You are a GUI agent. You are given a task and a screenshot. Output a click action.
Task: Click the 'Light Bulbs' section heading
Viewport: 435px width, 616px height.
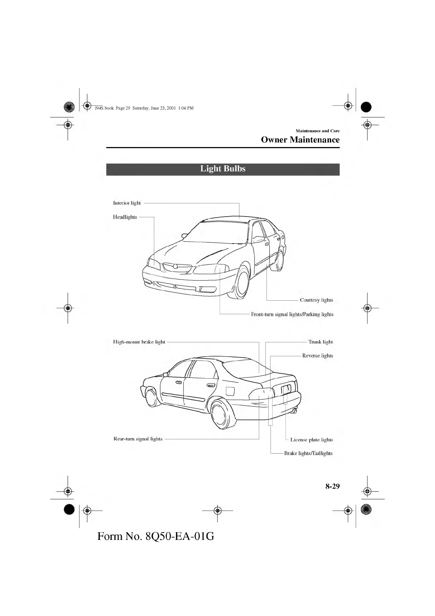click(x=223, y=169)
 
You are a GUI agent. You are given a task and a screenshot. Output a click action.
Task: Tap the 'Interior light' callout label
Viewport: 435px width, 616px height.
click(x=127, y=203)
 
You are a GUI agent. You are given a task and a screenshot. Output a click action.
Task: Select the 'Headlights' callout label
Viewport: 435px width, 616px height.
click(x=125, y=217)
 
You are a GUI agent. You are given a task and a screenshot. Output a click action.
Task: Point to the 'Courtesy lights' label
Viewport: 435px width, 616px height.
click(x=316, y=300)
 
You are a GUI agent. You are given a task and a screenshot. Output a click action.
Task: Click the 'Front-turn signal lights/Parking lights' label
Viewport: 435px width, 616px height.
click(x=292, y=314)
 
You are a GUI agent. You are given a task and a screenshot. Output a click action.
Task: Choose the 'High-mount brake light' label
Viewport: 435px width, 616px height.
click(x=139, y=342)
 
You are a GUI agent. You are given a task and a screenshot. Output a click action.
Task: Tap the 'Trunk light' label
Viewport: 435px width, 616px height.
click(x=320, y=342)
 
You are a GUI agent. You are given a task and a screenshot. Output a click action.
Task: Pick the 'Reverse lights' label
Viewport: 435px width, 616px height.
click(x=317, y=356)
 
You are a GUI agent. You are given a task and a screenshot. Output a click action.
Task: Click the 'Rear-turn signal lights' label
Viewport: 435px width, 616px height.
click(x=138, y=439)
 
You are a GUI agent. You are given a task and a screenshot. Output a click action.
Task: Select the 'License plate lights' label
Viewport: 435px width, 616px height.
click(x=311, y=440)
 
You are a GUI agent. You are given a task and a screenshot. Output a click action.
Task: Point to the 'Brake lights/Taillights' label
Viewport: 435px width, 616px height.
click(x=308, y=453)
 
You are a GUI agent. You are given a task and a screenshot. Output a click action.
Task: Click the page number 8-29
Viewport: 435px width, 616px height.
click(x=333, y=486)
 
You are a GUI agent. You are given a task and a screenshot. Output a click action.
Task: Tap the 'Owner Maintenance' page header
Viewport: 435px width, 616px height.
click(x=300, y=140)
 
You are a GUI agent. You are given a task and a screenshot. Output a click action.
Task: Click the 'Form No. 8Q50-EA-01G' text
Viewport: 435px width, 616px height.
click(x=156, y=536)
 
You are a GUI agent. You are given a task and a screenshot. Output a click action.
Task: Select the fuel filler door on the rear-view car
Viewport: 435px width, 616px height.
click(x=230, y=391)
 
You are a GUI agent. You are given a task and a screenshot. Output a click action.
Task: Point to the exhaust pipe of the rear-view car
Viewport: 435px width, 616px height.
click(x=295, y=411)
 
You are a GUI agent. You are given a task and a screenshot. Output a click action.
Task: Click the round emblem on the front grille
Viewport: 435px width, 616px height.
click(x=176, y=266)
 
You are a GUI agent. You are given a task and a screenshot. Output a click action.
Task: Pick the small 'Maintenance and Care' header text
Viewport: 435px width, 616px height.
click(x=317, y=131)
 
